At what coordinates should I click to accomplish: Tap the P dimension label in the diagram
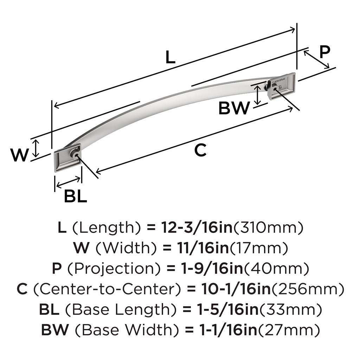point(324,52)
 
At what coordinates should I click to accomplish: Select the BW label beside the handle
point(233,108)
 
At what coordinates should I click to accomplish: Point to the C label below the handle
point(200,150)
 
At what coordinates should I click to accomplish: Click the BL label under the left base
point(75,197)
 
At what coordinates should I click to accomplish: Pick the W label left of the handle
point(18,155)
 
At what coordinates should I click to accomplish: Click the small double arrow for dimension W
point(36,148)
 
